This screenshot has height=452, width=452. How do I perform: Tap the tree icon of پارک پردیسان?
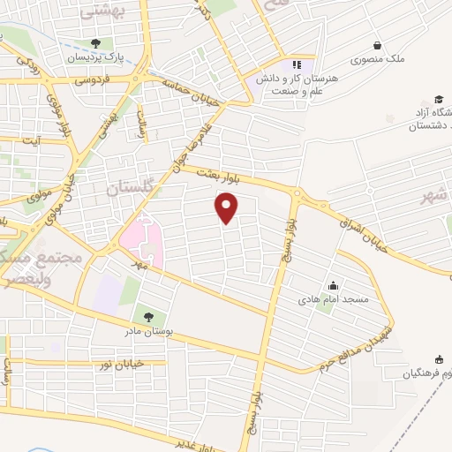[x=96, y=44]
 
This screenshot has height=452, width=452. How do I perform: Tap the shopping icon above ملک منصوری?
[x=378, y=45]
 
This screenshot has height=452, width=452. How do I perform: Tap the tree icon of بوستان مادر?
[x=147, y=317]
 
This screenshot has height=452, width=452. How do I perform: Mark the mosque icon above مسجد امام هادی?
[x=333, y=285]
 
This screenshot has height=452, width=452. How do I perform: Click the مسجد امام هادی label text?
[x=338, y=301]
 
